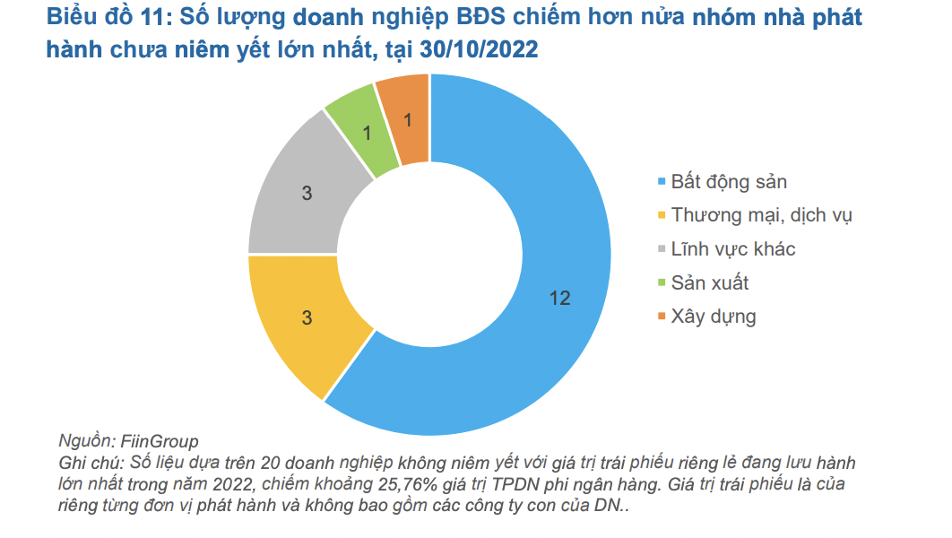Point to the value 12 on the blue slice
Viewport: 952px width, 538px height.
[559, 299]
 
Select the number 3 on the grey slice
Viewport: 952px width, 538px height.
[306, 192]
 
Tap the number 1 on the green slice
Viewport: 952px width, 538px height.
[366, 132]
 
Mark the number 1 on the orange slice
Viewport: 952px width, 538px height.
[409, 119]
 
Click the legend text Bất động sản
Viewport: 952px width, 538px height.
[729, 182]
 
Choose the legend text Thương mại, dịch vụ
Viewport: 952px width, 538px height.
[762, 215]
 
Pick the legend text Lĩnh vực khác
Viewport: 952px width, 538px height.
[733, 249]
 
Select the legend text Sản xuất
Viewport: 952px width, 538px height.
[710, 282]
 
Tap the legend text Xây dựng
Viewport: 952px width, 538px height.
[714, 317]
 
